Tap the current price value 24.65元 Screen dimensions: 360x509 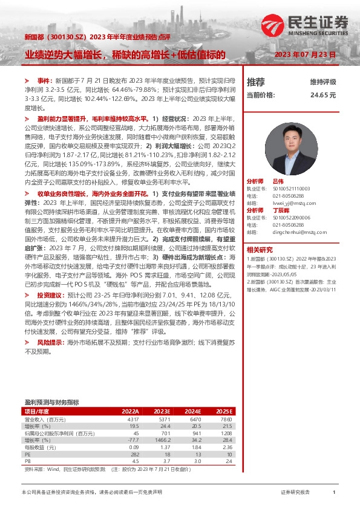point(323,95)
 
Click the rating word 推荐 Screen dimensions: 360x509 point(256,82)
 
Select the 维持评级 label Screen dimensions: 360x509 point(322,82)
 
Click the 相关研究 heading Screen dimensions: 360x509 point(260,249)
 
